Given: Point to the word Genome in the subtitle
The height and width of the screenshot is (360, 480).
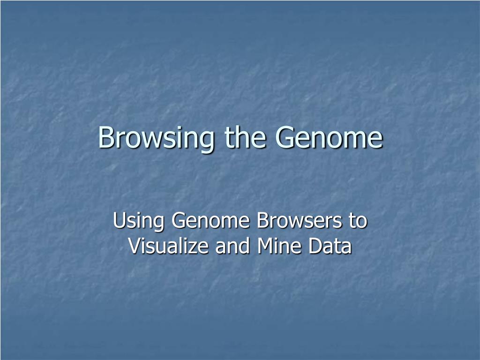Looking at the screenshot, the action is tap(210, 220).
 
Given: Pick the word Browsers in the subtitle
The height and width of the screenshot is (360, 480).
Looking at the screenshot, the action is tap(299, 220).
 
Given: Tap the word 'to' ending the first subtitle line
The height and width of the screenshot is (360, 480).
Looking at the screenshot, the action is tap(358, 221).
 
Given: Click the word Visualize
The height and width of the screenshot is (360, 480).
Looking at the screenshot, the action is tap(168, 246).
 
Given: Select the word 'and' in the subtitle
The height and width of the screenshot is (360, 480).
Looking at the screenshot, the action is tap(232, 246).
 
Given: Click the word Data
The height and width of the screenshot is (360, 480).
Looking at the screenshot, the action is tap(330, 246).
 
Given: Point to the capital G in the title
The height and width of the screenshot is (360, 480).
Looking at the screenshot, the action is tap(285, 137).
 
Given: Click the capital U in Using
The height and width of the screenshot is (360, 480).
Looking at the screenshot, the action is tap(120, 220).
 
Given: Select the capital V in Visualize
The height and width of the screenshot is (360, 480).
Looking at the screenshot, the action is tap(135, 246).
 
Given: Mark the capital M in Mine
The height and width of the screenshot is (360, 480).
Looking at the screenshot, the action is tap(265, 246).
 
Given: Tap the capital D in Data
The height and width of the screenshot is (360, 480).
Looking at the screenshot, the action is tap(315, 246).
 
